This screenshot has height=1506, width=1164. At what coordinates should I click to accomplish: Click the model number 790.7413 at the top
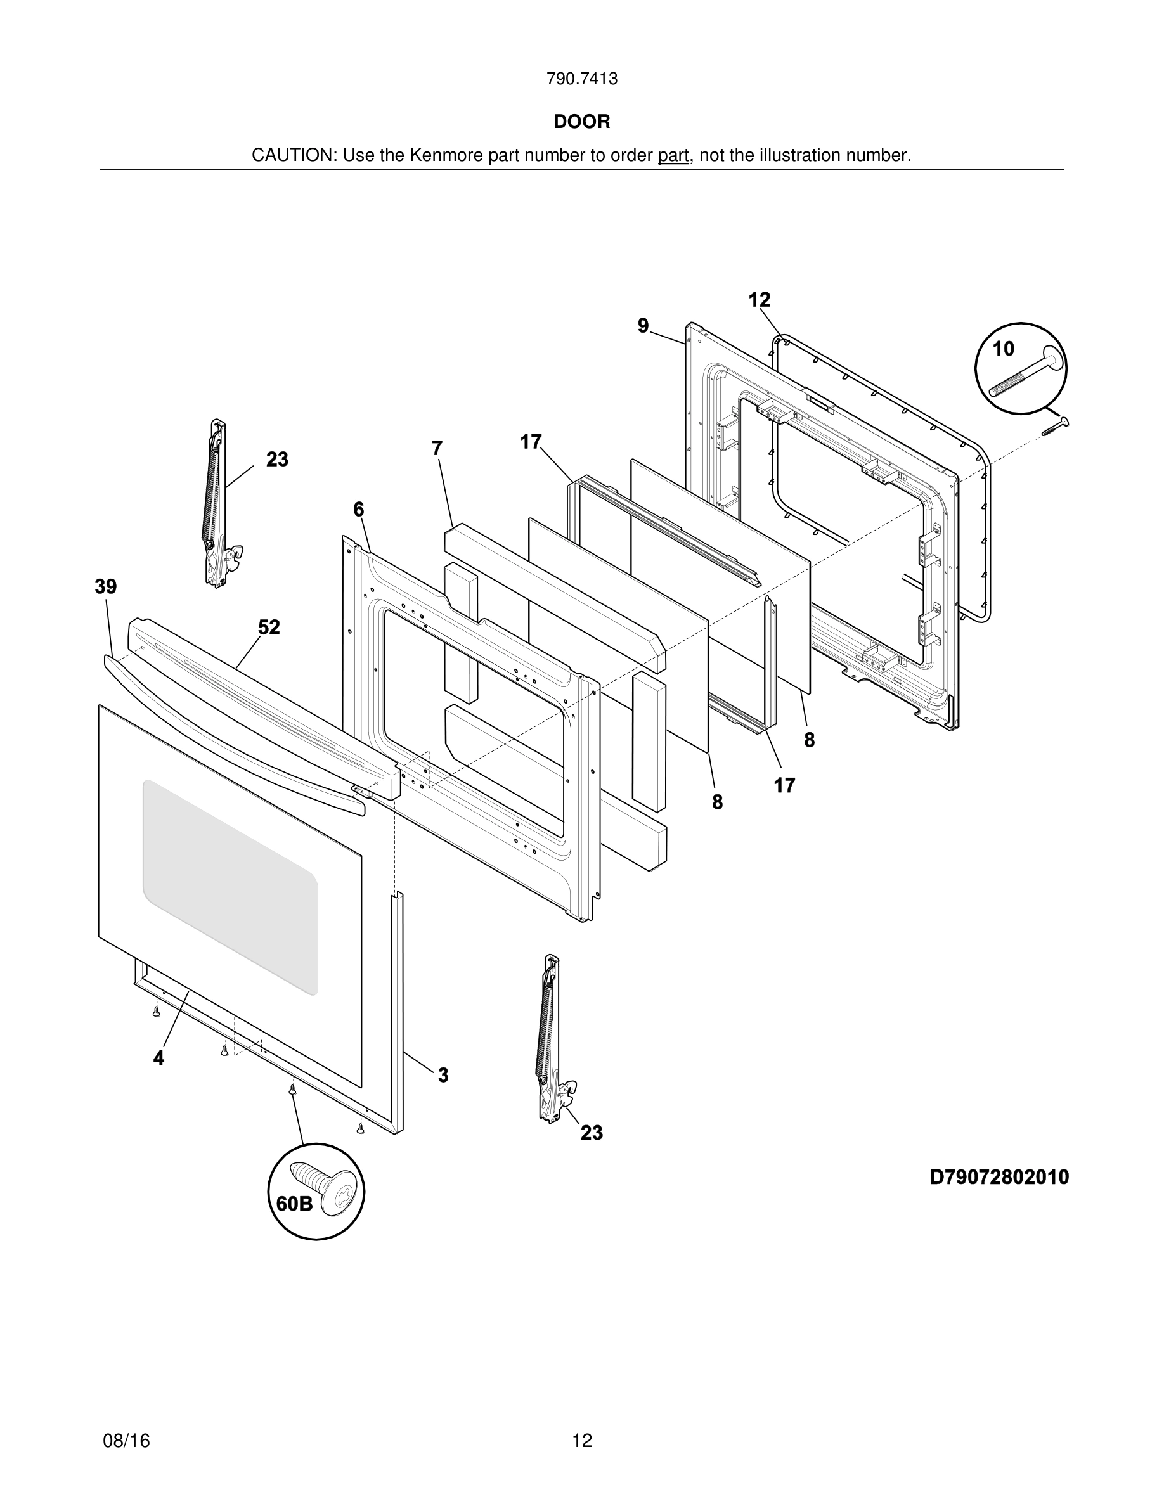581,79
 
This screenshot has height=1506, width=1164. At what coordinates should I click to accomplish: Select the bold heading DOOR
581,122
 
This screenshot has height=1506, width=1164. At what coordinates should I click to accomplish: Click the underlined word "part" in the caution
673,156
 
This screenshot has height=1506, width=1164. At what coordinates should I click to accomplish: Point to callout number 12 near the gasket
760,300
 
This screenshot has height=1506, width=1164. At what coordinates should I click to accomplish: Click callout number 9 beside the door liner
643,325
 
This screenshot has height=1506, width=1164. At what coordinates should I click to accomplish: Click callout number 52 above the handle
269,627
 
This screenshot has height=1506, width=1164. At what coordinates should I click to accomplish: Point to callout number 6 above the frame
359,510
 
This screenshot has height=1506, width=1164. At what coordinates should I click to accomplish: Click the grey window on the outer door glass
230,886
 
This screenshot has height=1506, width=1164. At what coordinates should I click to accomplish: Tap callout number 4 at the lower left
158,1059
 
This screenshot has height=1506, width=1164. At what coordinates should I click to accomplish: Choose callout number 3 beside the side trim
443,1075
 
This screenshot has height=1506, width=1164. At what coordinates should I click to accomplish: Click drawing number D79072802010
999,1176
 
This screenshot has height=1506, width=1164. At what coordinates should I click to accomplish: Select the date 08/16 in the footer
126,1421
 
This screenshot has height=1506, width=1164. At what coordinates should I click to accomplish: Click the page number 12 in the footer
582,1421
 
